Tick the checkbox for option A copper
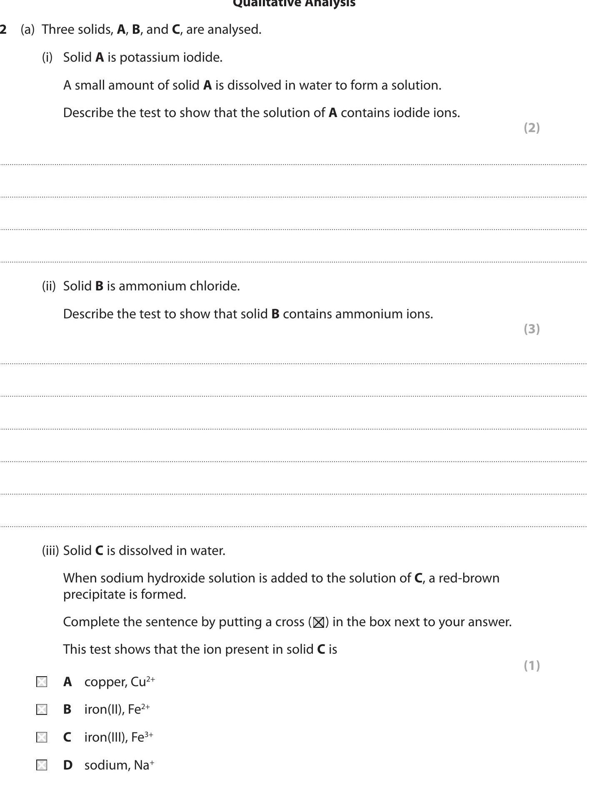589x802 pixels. tap(42, 682)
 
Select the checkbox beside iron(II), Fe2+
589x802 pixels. tap(42, 710)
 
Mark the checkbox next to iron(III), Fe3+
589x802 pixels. tap(42, 737)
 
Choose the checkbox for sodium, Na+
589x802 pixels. tap(42, 765)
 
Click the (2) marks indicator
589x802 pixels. tap(532, 128)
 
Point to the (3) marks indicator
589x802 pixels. tap(532, 329)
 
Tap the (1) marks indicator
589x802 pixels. tap(532, 665)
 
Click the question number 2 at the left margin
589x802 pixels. tap(3, 30)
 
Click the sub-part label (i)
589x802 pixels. tap(47, 57)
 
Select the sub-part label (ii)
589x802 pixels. tap(49, 286)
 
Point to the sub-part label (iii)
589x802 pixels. tap(50, 551)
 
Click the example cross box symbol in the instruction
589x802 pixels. tap(319, 622)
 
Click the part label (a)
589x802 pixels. tap(27, 30)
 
